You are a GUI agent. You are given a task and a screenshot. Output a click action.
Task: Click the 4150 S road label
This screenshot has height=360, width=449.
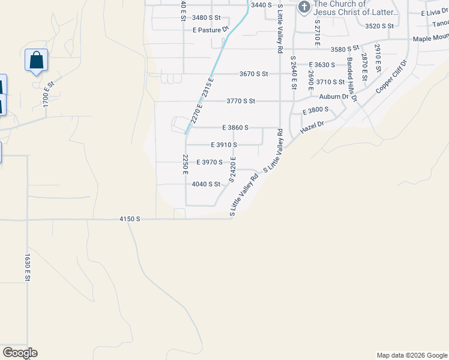tap(130, 219)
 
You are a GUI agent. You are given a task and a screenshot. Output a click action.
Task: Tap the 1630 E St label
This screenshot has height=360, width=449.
tap(28, 268)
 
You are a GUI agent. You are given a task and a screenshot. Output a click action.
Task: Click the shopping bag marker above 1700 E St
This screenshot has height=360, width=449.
tap(37, 61)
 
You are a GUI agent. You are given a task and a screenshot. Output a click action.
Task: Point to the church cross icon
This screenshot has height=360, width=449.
tap(304, 7)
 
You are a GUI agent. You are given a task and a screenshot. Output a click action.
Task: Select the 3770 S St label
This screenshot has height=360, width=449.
tap(241, 101)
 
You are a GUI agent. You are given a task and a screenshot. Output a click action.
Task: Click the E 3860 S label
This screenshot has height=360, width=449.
tap(235, 128)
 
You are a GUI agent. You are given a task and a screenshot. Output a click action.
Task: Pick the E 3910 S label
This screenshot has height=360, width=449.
tap(224, 145)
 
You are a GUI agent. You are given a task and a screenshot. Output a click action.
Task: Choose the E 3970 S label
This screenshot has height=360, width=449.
tap(209, 162)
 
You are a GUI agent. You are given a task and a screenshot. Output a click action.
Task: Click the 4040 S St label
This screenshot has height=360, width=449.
tap(206, 184)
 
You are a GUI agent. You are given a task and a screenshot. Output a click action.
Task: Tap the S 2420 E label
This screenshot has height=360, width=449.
tap(232, 170)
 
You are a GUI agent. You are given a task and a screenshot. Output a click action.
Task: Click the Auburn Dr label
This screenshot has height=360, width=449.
tap(334, 96)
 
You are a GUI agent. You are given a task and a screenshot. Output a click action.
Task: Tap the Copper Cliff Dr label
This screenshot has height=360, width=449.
tap(391, 76)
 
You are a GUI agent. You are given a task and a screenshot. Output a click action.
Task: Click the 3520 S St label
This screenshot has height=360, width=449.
tap(379, 26)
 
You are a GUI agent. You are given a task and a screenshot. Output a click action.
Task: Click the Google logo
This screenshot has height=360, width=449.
tap(20, 352)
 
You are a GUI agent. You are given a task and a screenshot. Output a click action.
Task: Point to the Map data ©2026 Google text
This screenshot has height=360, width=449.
tap(411, 355)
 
